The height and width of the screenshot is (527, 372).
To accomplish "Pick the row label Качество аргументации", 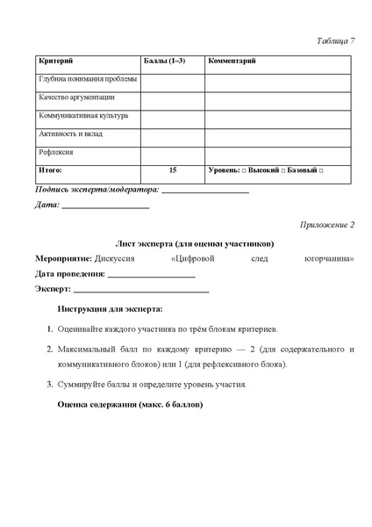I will click(x=77, y=97).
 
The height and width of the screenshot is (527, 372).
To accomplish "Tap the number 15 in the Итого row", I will click(x=172, y=170).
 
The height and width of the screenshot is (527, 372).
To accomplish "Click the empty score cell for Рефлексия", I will click(x=172, y=152).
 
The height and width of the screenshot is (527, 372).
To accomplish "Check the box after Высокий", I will click(x=282, y=170).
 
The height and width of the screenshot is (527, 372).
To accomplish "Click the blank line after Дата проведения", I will click(x=151, y=275).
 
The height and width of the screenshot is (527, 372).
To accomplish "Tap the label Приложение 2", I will click(x=326, y=226).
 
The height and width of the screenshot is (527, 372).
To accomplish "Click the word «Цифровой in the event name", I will click(x=199, y=259).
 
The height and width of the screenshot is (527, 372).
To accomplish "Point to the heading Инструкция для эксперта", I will click(x=110, y=309).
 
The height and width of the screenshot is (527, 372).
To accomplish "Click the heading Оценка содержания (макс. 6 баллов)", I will click(x=130, y=405).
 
